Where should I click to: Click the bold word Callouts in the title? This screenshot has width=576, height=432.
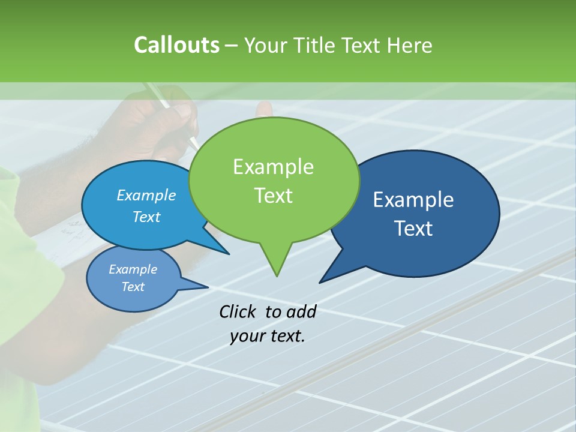click(176, 45)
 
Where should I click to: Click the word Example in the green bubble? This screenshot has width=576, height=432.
click(273, 167)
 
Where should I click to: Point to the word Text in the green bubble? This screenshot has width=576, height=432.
click(273, 196)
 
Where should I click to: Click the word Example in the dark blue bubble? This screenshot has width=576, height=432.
click(413, 200)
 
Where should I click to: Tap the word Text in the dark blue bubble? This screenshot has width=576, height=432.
click(413, 229)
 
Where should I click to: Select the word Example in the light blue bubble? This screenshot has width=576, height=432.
click(146, 195)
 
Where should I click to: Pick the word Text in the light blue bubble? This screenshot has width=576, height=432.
click(146, 217)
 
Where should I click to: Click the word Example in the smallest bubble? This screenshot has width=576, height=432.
click(133, 269)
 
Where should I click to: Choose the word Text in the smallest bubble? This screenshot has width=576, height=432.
click(133, 287)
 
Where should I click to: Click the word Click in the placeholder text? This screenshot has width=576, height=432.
click(238, 311)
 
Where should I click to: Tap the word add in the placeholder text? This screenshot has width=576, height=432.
click(301, 311)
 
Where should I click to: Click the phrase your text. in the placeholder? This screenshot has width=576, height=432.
click(268, 336)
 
